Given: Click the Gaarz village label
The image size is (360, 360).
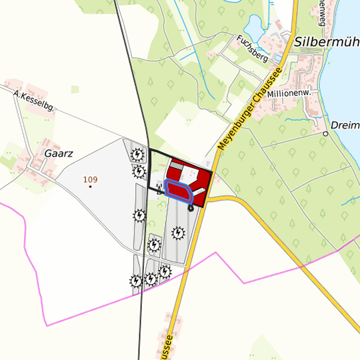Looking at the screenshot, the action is (58, 153).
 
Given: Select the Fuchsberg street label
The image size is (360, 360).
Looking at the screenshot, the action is (253, 49).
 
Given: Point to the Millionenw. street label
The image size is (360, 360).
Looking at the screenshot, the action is (289, 93).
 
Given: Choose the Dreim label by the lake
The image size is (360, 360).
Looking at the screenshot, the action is (345, 125).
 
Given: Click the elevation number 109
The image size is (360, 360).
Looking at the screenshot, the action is (91, 179).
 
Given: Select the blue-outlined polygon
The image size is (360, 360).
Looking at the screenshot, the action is (179, 190).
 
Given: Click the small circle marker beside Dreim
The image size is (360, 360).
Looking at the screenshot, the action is (326, 133).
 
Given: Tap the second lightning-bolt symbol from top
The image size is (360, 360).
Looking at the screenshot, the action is (138, 172).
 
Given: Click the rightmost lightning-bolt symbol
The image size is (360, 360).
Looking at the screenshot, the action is (178, 233).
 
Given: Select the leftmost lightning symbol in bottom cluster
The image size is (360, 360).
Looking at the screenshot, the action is (136, 281).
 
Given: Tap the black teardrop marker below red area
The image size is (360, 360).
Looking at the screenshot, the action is (191, 207).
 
